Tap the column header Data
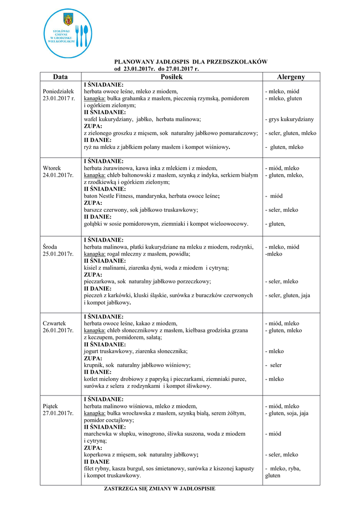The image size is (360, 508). [61, 77]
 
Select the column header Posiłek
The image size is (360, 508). [172, 77]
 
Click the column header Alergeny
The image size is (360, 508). [291, 77]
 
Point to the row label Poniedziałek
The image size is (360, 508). [59, 91]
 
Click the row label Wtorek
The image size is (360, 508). [52, 168]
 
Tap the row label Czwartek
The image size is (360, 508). [55, 323]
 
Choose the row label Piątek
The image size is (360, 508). [51, 406]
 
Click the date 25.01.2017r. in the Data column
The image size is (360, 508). [59, 254]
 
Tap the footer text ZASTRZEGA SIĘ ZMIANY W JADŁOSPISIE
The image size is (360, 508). [159, 489]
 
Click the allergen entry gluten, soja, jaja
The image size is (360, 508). [288, 413]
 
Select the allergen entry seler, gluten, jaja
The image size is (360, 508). [289, 295]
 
